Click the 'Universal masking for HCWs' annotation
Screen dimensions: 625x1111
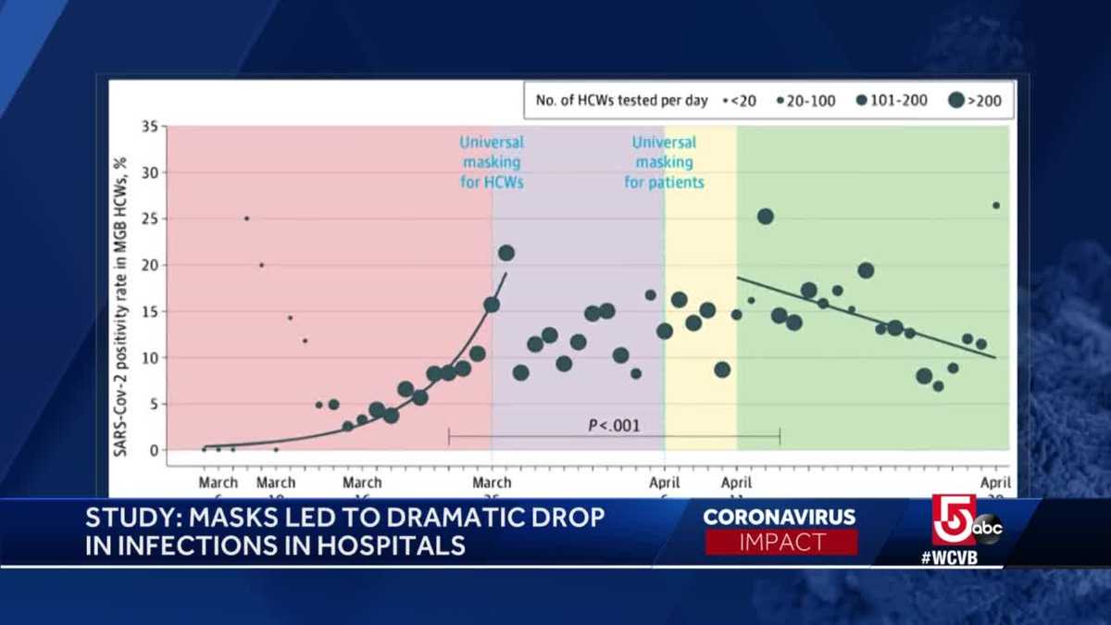[492, 162]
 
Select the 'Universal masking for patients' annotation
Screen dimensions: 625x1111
[664, 162]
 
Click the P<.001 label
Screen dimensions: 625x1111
[614, 426]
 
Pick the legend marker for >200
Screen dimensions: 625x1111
[956, 101]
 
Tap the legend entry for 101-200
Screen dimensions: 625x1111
[893, 101]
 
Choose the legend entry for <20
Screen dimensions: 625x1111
[742, 101]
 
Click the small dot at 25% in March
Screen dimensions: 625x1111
[246, 219]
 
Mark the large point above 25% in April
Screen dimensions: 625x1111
[765, 217]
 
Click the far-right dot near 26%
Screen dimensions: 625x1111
[996, 206]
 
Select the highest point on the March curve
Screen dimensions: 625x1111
[506, 253]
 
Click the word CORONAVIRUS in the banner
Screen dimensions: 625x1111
[780, 517]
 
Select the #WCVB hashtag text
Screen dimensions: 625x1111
[950, 557]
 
